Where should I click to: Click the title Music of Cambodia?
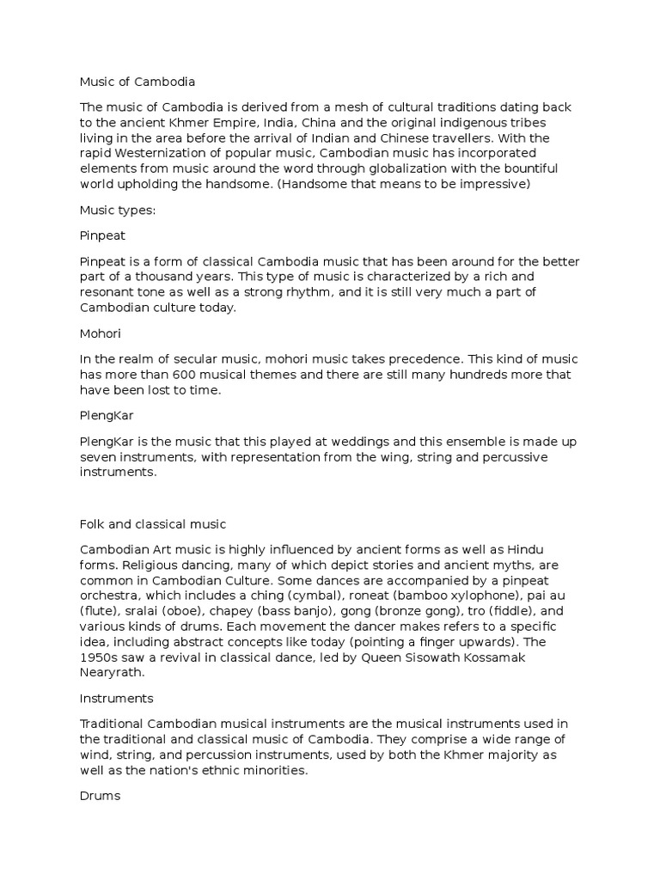137,82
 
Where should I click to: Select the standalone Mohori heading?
101,328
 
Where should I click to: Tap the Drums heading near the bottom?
100,796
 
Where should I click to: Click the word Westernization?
172,153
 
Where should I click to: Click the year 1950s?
100,657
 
